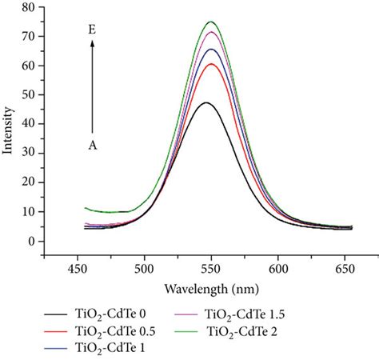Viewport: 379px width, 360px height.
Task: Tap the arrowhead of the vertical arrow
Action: [x=92, y=43]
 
